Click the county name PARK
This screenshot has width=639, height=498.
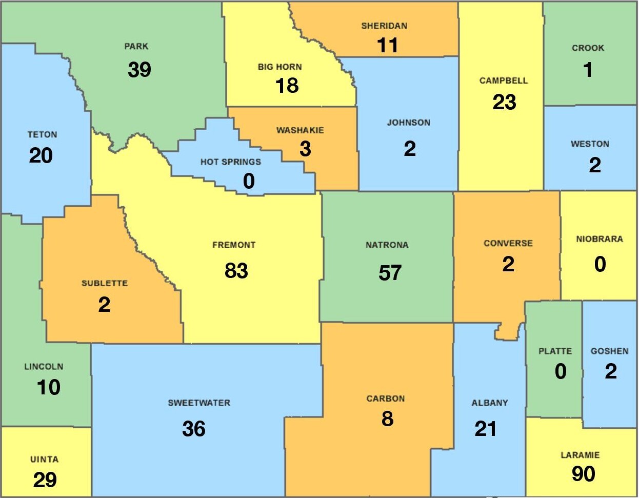[136, 47]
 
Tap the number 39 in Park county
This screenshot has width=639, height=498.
[139, 69]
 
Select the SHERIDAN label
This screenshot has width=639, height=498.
[384, 26]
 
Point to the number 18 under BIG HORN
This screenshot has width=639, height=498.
[287, 86]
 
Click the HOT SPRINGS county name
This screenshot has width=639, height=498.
[230, 162]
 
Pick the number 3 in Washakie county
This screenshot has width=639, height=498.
[305, 149]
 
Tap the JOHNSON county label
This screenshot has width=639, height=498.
[408, 123]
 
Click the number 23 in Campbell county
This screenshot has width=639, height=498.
[504, 102]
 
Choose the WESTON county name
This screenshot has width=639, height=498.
[590, 144]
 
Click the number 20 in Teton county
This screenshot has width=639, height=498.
[41, 155]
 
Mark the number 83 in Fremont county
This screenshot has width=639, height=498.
[236, 270]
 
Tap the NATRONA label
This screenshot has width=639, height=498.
[387, 245]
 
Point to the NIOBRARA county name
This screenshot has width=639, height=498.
[599, 239]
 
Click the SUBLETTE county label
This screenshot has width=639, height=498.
[105, 283]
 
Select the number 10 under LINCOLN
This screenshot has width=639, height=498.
[48, 388]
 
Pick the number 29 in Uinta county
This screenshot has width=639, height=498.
[45, 480]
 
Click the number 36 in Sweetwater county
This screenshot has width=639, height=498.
[194, 429]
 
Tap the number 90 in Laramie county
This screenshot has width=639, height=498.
[584, 474]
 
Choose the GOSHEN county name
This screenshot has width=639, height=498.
[609, 351]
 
